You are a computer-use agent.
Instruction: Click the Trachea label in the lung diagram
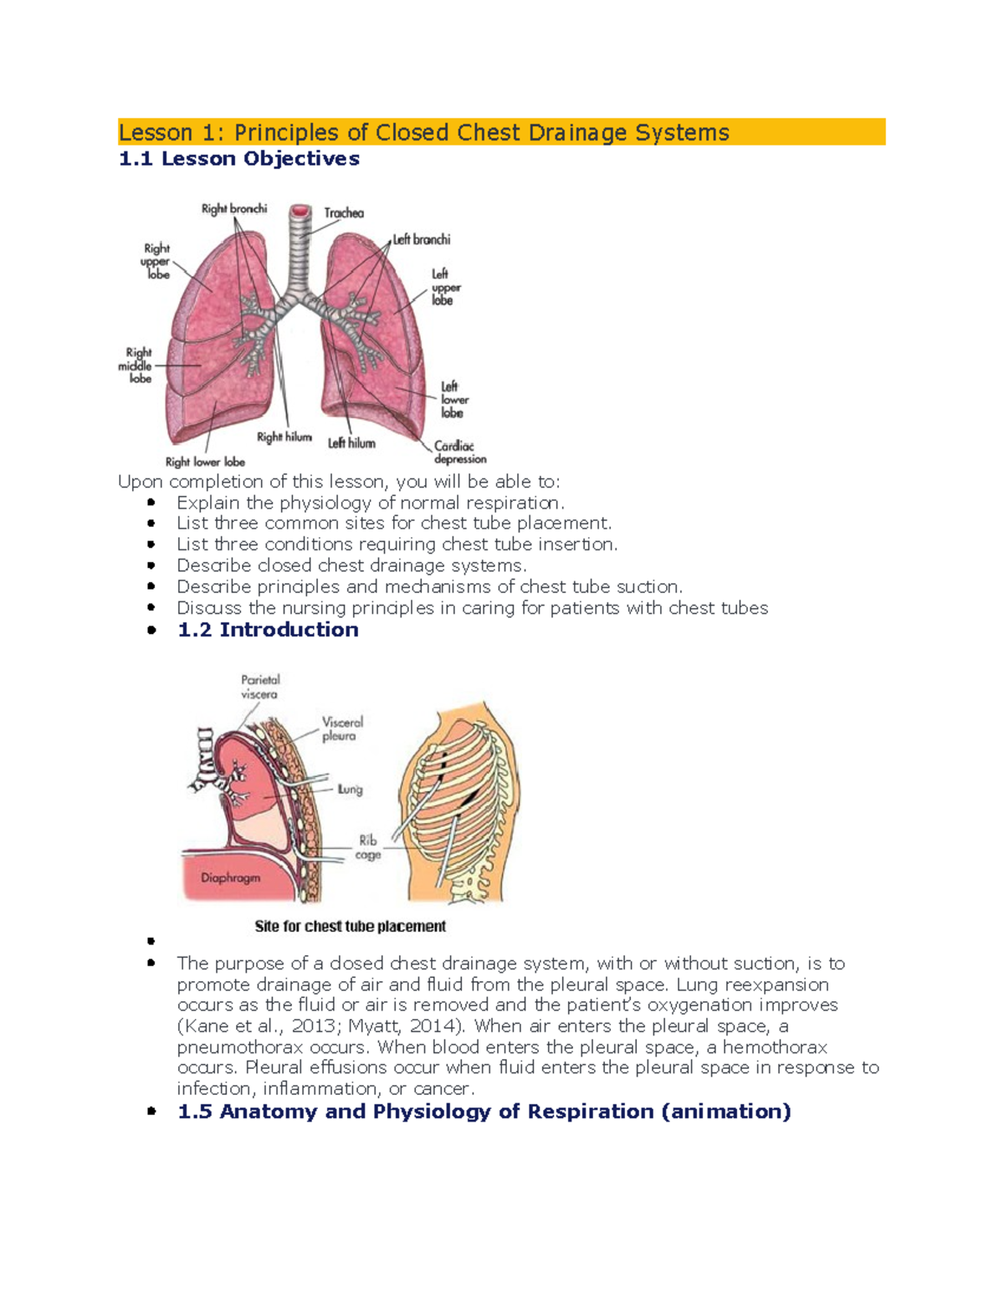tap(344, 213)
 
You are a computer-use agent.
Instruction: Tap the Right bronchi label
tap(233, 209)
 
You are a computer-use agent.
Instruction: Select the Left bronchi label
tap(422, 240)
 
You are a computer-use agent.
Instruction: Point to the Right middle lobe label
tap(136, 366)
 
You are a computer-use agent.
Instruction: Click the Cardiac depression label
tap(459, 453)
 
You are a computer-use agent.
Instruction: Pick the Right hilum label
tap(284, 437)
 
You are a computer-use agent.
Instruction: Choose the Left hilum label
tap(351, 443)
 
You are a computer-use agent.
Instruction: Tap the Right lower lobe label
tap(205, 462)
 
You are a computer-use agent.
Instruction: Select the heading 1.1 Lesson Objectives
tap(239, 159)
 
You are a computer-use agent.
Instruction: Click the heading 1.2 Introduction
tap(268, 630)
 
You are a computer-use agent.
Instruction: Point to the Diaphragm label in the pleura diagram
tap(230, 878)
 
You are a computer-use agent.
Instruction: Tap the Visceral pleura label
tap(342, 729)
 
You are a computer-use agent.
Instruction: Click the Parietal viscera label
tap(260, 687)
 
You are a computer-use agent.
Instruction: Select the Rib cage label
tap(368, 847)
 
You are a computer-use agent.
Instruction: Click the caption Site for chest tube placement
tap(350, 927)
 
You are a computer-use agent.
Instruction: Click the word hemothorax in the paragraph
tap(775, 1047)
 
